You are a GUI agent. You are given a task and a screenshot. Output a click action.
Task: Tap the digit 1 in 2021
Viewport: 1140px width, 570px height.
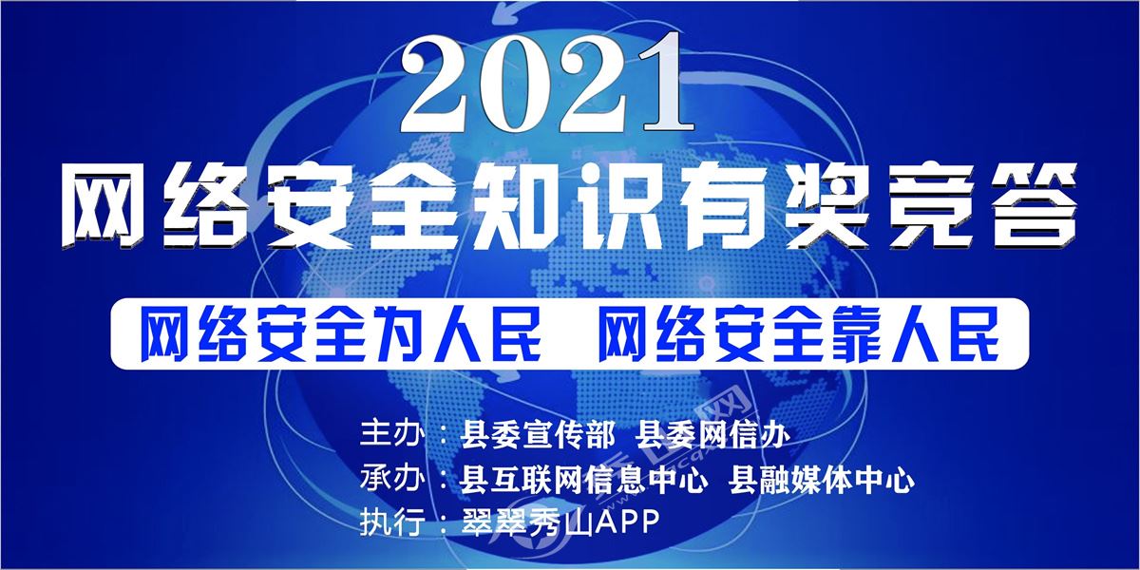click(660, 82)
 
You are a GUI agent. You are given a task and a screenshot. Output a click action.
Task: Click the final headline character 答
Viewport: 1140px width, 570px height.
click(1030, 206)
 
